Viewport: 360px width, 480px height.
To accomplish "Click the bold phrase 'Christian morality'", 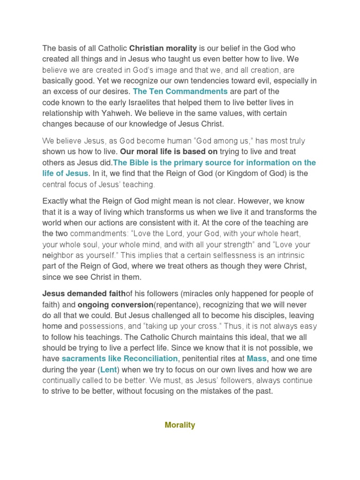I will coord(163,48).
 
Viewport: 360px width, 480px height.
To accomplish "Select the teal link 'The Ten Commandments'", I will coord(180,91).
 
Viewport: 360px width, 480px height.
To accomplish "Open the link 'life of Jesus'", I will coord(65,173).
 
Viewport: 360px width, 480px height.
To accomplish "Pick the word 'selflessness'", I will coord(222,255).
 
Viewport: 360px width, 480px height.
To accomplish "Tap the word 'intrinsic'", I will coord(294,255).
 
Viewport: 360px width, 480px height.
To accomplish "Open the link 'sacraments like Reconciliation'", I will coord(120,359).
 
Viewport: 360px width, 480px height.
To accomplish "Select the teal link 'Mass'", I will coord(256,359).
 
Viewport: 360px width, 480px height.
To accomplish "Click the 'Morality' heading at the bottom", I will coord(180,425).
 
